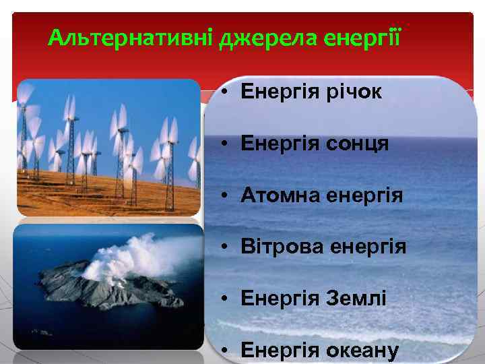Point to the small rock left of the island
[x=42, y=331]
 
